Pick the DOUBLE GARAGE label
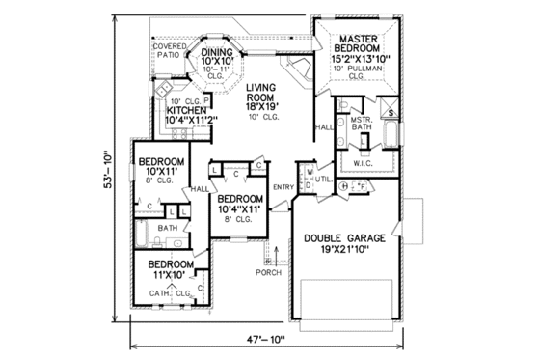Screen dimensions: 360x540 [345, 238]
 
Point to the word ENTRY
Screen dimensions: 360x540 [283, 187]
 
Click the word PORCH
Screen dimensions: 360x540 [266, 270]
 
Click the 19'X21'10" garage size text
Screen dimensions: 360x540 [345, 251]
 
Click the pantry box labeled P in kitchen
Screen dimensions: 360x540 [206, 98]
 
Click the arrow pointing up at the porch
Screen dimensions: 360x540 [277, 258]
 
